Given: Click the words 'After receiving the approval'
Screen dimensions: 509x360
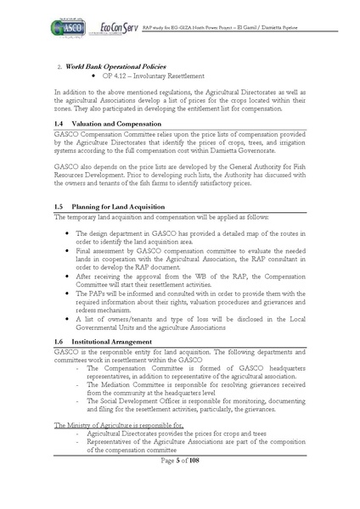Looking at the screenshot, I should (118, 276).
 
